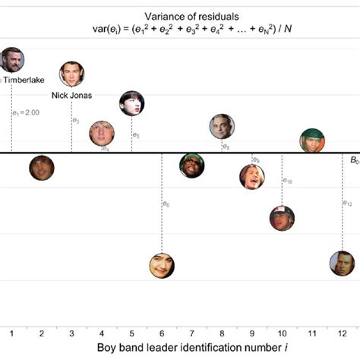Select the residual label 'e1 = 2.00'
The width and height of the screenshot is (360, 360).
pos(26,113)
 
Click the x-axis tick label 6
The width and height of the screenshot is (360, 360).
pos(161,333)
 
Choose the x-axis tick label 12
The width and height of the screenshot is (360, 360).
pos(343,333)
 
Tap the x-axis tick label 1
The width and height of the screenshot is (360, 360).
pos(11,333)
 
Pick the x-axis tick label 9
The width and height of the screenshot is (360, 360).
pos(251,333)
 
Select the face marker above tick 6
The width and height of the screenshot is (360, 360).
pos(161,265)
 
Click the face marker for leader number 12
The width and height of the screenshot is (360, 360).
pos(342,263)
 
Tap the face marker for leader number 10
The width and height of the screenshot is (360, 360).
pos(282,218)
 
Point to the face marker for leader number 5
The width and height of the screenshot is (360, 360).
pos(131,103)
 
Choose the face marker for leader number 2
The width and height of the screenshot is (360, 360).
pos(42,167)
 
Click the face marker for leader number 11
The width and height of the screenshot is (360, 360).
pos(311,141)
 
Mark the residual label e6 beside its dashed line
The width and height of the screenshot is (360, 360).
pos(166,204)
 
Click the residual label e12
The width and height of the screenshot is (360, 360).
pos(348,204)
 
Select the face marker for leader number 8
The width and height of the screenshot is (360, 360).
pos(222,127)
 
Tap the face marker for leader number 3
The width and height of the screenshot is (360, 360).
pos(71,74)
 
